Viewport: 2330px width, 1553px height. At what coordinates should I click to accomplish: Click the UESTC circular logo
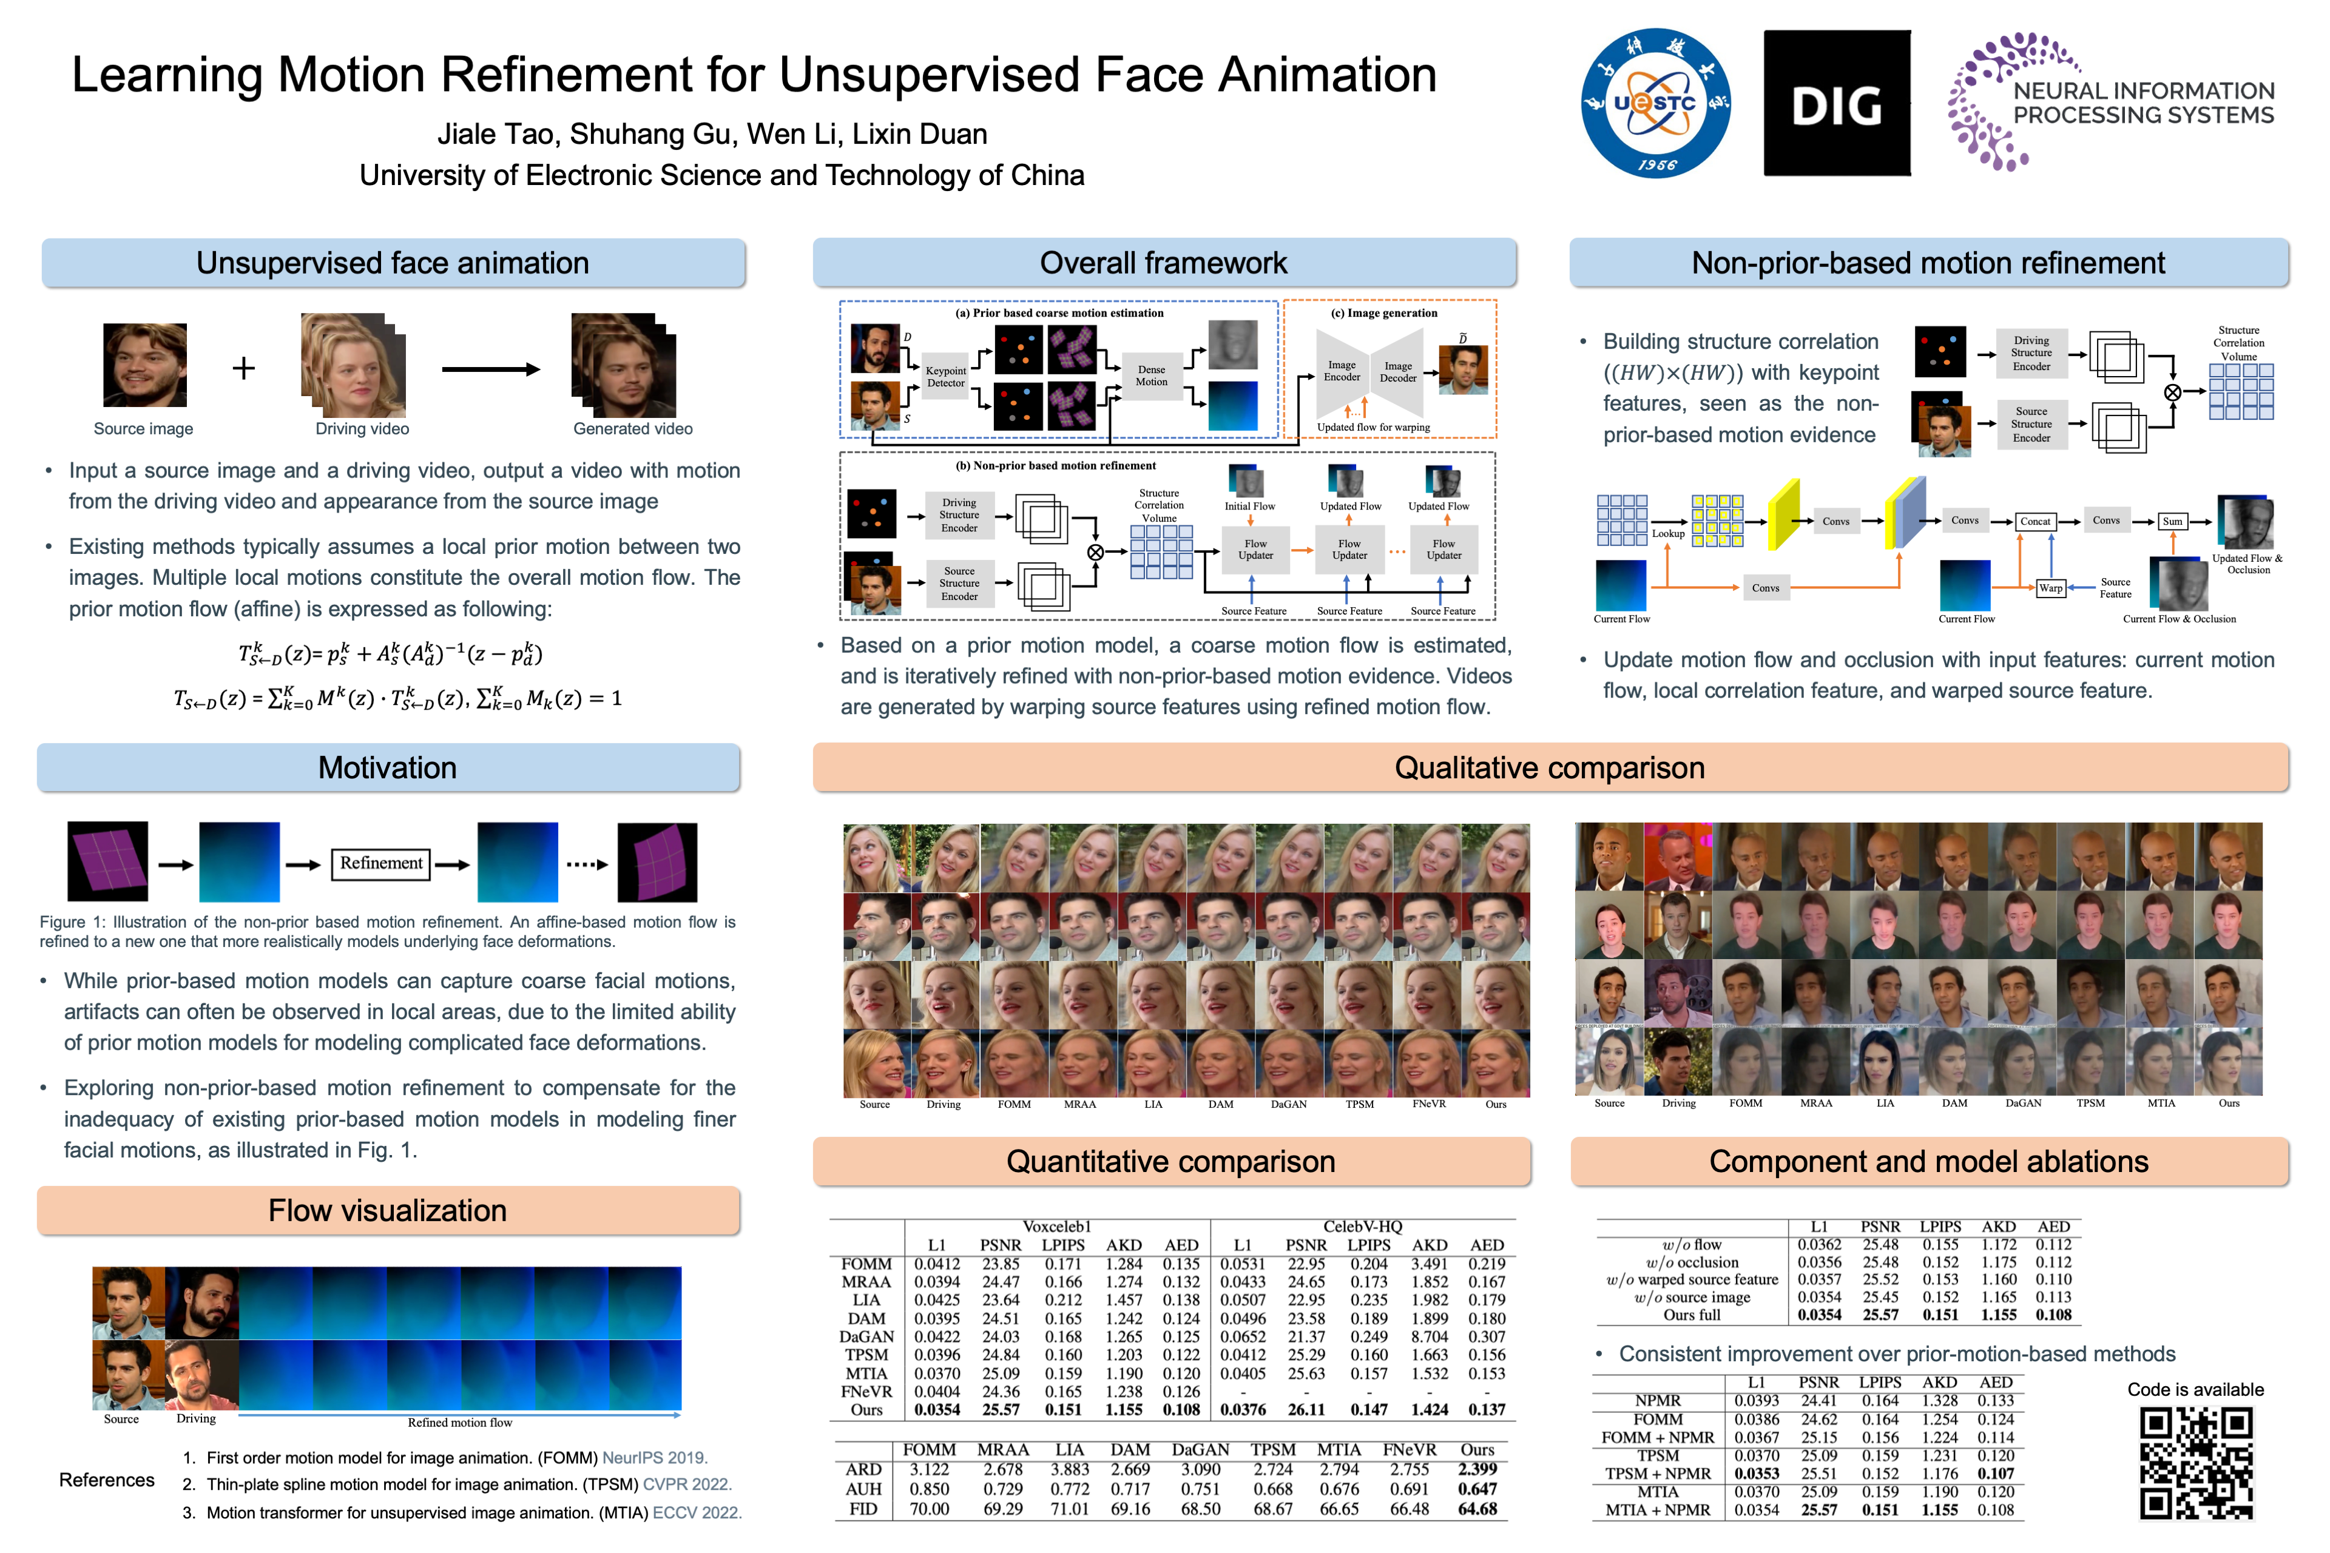click(x=1655, y=103)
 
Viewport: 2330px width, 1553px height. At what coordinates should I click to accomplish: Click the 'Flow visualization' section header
click(x=387, y=1210)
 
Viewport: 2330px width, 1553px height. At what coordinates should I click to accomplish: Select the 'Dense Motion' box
click(x=1151, y=376)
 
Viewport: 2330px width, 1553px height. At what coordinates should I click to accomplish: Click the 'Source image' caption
click(x=144, y=429)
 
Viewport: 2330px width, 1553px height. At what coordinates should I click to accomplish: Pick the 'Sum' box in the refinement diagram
click(x=2172, y=521)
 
